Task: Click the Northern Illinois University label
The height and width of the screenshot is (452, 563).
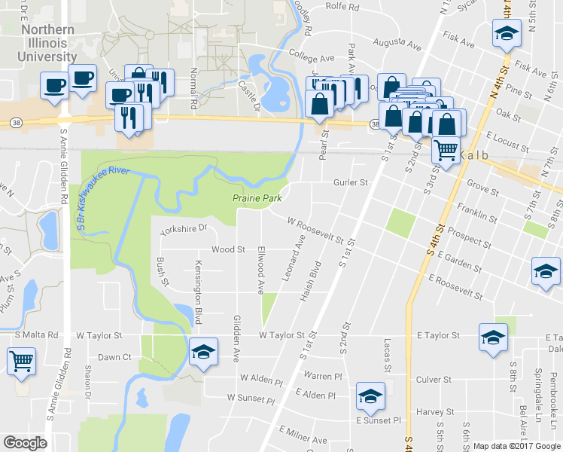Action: [x=48, y=43]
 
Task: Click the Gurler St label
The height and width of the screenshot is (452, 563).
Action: [x=351, y=182]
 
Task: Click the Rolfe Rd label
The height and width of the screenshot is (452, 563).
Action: [x=342, y=7]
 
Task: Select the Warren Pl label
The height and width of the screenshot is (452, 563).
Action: [x=323, y=374]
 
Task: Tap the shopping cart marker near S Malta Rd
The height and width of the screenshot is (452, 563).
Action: [x=21, y=361]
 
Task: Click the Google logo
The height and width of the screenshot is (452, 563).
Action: [x=26, y=444]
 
